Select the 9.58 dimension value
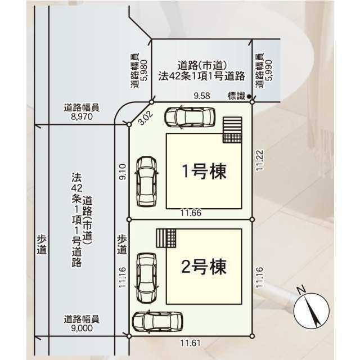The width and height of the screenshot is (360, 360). point(201,96)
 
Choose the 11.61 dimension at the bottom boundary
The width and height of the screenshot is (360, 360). point(190,343)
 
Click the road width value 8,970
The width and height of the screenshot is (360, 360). point(82,118)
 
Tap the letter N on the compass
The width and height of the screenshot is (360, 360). point(301,290)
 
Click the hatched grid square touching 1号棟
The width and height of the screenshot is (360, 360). point(231,130)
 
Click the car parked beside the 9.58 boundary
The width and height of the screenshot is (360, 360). point(190,118)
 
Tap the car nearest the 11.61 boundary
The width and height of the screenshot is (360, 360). point(157,322)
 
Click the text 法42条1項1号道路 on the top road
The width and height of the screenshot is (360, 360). point(201,74)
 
